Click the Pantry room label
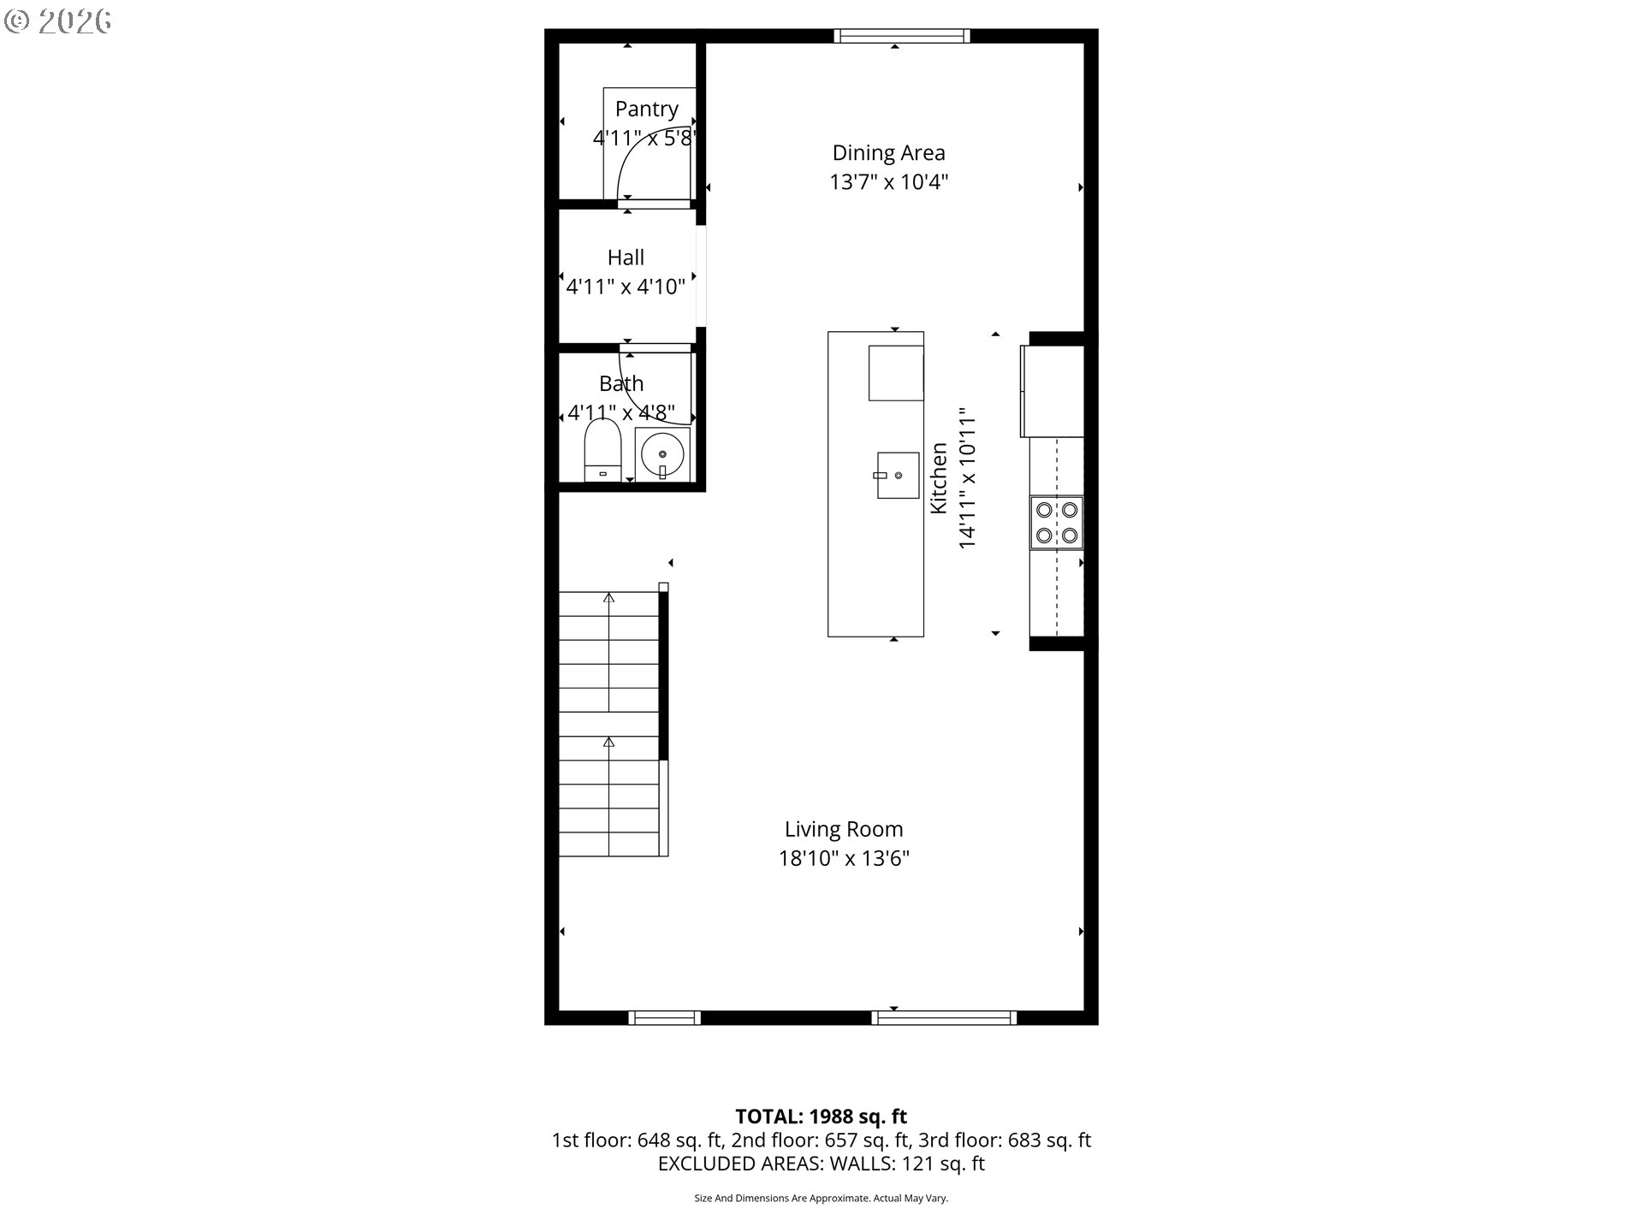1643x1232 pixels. (646, 110)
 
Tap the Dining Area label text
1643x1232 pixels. (888, 153)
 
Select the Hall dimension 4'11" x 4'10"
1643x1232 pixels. (626, 287)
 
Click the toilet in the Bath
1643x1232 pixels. (602, 450)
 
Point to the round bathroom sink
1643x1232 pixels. (662, 454)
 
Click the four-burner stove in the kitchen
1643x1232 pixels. (1057, 523)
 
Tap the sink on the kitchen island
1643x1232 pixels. (897, 475)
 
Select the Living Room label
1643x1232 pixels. (844, 829)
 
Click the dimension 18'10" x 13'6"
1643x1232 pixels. (844, 858)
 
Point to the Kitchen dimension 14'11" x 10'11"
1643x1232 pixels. (967, 479)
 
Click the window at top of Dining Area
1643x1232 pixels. (902, 35)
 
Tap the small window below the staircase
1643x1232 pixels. (665, 1017)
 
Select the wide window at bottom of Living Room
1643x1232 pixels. (945, 1017)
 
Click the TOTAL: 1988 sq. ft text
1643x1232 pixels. (821, 1116)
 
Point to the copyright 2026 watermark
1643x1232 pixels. (58, 21)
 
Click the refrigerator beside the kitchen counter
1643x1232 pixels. (1052, 390)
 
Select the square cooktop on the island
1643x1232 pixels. (896, 372)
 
